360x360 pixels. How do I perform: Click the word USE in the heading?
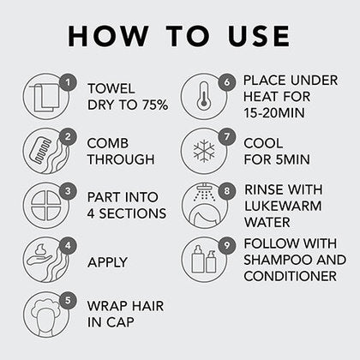click(259, 36)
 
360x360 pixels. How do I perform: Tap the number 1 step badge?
click(68, 82)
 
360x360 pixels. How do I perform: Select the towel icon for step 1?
click(45, 97)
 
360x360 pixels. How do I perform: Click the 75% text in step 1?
click(155, 105)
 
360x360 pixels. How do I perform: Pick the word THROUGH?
click(121, 159)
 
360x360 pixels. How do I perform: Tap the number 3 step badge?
click(68, 191)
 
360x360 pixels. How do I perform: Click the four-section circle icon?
click(45, 206)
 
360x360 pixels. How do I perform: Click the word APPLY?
click(108, 262)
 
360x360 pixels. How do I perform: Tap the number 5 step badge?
click(68, 300)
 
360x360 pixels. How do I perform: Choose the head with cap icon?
click(45, 319)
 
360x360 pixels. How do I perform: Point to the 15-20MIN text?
click(274, 113)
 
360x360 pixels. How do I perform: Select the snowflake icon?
click(204, 151)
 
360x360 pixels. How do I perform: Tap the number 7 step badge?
click(227, 137)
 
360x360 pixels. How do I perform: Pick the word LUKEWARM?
click(283, 206)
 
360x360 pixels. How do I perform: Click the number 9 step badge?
click(227, 245)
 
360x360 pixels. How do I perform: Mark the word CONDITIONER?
click(291, 276)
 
